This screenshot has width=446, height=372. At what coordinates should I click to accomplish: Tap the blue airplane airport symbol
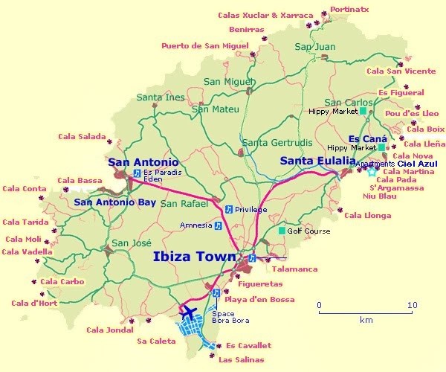[x=189, y=310]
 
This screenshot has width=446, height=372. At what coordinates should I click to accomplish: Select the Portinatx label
[x=350, y=9]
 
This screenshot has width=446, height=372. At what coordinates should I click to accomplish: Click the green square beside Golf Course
[x=281, y=231]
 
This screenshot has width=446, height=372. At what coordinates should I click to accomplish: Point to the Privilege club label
[x=251, y=210]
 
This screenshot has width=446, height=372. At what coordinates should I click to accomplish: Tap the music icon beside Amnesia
[x=219, y=225]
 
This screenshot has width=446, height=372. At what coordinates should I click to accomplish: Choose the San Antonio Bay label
[x=114, y=202]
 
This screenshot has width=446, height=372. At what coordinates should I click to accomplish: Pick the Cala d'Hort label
[x=33, y=303]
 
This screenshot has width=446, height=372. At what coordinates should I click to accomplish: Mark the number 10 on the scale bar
[x=413, y=305]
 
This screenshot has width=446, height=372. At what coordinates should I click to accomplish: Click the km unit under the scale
[x=366, y=321]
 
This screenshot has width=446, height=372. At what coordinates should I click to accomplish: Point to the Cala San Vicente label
[x=401, y=71]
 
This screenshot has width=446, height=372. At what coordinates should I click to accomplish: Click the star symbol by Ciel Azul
[x=371, y=172]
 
